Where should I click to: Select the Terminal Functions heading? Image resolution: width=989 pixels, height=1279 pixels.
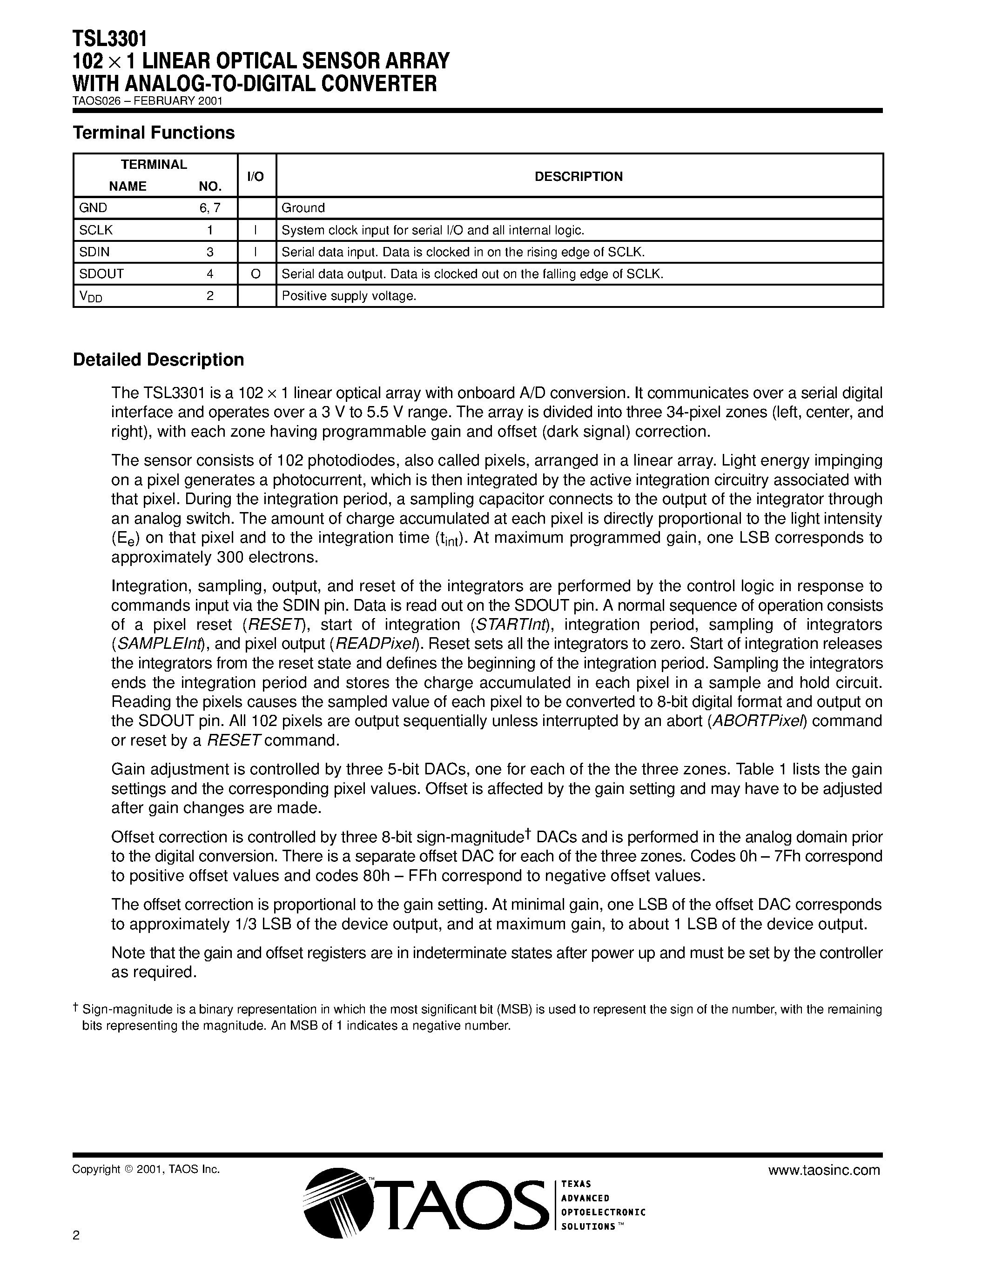click(154, 133)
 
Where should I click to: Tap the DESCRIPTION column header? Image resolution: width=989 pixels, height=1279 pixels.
click(579, 176)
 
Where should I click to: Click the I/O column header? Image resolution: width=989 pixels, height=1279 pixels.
click(256, 176)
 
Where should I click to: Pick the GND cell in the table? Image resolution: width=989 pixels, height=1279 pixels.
click(93, 208)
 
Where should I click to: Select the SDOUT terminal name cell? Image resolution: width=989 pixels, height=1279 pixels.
click(101, 273)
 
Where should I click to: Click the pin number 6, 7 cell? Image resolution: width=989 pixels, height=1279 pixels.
click(210, 208)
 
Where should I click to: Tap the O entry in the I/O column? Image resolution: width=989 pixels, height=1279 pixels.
click(256, 273)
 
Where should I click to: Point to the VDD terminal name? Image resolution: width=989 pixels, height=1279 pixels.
click(91, 297)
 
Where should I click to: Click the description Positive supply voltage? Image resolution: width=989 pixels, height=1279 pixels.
click(349, 296)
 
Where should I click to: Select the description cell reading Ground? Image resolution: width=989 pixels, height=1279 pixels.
click(303, 208)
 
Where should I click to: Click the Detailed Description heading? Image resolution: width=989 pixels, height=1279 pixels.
click(158, 360)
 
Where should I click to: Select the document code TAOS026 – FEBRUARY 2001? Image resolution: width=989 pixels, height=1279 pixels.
click(147, 101)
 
